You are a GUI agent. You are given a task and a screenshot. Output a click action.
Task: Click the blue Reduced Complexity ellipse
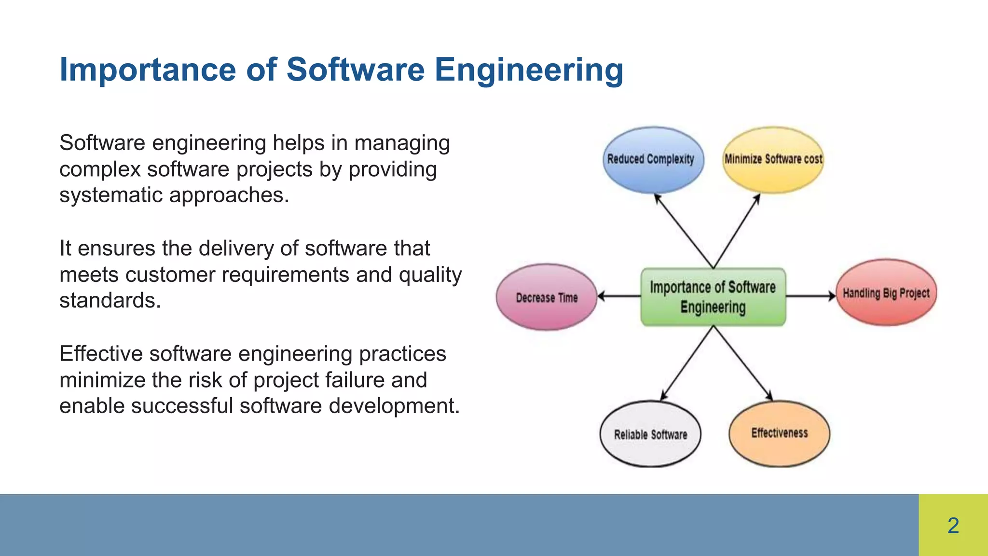(653, 160)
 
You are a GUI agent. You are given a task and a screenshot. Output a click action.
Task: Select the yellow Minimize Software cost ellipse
(773, 160)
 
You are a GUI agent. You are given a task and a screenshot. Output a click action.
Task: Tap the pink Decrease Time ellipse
(547, 297)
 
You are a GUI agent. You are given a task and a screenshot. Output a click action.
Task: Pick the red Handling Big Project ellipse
(886, 292)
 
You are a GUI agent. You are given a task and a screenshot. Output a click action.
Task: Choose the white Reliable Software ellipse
(650, 434)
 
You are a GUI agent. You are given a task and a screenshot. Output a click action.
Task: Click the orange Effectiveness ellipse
(779, 433)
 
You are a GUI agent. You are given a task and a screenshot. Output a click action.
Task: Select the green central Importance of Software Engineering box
(713, 297)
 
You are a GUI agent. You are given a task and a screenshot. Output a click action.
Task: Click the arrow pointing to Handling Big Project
(810, 296)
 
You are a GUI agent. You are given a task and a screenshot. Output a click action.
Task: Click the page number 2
(953, 525)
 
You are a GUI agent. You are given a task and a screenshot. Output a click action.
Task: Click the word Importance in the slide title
(148, 70)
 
